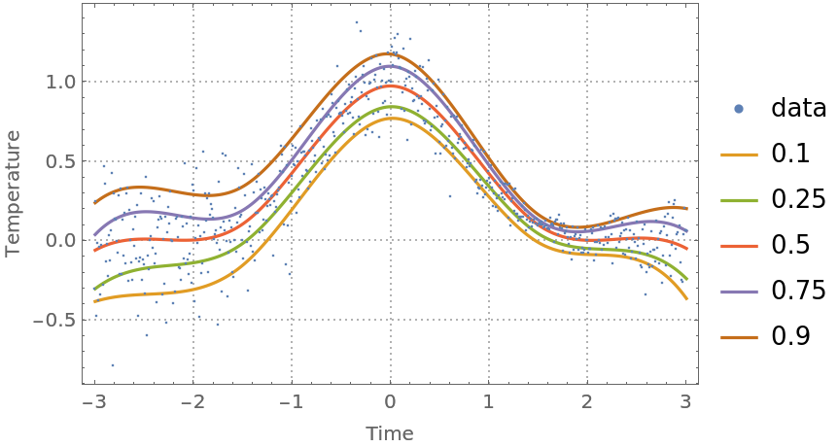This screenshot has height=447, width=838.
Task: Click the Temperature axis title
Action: coord(13,194)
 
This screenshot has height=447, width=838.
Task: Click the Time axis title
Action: coord(390,433)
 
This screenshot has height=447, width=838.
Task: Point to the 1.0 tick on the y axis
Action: coord(59,82)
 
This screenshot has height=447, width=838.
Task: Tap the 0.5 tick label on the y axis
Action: coord(59,161)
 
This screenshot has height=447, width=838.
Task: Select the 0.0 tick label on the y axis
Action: coord(59,240)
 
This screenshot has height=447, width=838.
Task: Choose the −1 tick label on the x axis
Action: coord(289,401)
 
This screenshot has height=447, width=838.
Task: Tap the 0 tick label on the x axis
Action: coord(390,401)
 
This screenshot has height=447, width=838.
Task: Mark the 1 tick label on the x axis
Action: coord(488,401)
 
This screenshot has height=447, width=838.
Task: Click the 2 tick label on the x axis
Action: coord(586,401)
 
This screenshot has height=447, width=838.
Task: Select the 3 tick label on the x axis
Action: coord(685,401)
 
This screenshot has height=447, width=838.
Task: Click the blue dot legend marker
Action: coord(739,109)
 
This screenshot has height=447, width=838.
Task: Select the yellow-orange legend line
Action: coord(739,155)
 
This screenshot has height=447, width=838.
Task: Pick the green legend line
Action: coord(739,200)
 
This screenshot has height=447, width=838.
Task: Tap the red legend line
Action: coord(739,246)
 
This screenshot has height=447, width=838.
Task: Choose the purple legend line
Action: coord(739,292)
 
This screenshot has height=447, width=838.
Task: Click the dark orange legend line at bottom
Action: coord(739,337)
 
